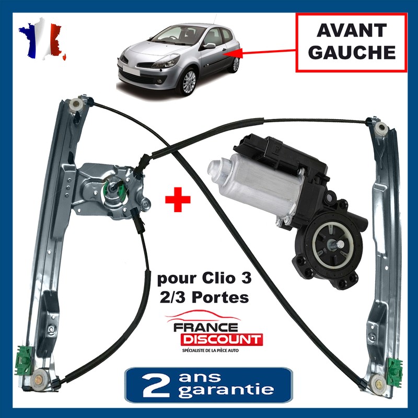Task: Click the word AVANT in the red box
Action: click(351, 31)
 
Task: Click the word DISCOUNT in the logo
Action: click(222, 340)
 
